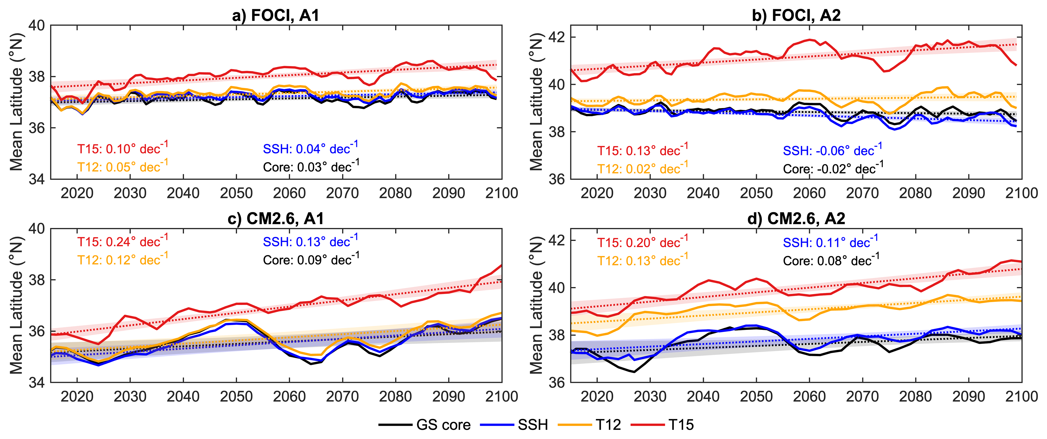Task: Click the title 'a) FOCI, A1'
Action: [276, 15]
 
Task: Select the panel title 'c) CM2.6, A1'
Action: [276, 219]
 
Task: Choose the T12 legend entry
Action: [590, 425]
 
